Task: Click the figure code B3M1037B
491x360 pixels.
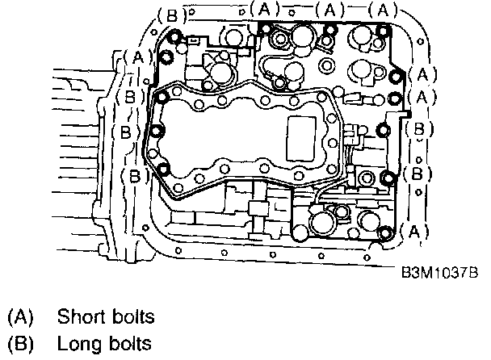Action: pos(439,273)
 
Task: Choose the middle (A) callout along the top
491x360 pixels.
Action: pos(327,9)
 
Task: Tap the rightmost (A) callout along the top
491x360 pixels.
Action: pos(381,9)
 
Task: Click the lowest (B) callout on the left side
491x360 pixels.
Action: pos(131,174)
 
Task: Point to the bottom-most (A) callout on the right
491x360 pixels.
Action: pos(413,232)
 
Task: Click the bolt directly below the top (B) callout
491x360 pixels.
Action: pos(174,36)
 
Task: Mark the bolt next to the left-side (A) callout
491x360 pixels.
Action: pos(166,57)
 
